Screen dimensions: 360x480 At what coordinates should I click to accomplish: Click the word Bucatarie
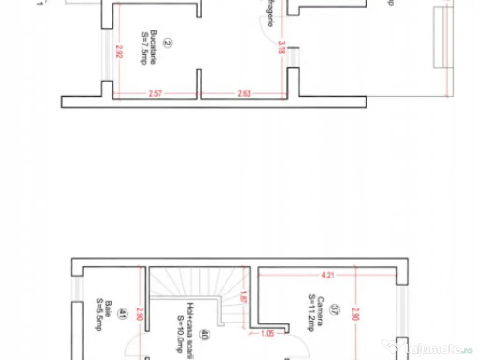[153, 52]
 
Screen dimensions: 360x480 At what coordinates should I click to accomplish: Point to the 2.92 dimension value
[119, 52]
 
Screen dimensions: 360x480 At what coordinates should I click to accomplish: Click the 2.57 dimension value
[155, 93]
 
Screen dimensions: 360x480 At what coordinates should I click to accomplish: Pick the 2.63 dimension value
[244, 93]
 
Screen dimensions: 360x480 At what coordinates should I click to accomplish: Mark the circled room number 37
[335, 310]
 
